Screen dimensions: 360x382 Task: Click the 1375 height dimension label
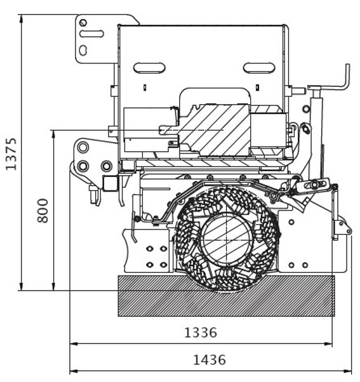point(11,154)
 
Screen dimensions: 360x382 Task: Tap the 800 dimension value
point(43,211)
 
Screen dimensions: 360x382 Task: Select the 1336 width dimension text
point(201,333)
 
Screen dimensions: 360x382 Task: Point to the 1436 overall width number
point(210,360)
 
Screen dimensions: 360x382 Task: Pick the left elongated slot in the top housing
point(149,68)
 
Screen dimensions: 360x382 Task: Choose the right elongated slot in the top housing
point(259,68)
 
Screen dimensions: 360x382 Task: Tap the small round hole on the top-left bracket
point(83,23)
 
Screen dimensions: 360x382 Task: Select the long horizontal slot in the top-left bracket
point(91,34)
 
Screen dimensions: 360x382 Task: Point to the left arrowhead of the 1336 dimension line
point(74,344)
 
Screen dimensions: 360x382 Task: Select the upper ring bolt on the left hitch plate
point(83,147)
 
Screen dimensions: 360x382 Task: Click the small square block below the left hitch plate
point(110,183)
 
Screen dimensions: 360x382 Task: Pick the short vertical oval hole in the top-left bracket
point(83,50)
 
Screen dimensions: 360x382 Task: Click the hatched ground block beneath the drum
point(226,296)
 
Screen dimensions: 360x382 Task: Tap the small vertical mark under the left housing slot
point(145,87)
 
